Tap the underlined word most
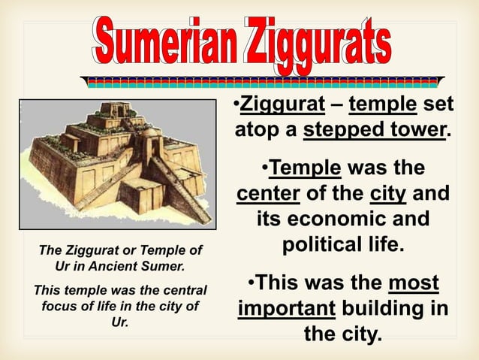(414, 283)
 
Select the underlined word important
(285, 309)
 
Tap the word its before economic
(273, 219)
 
